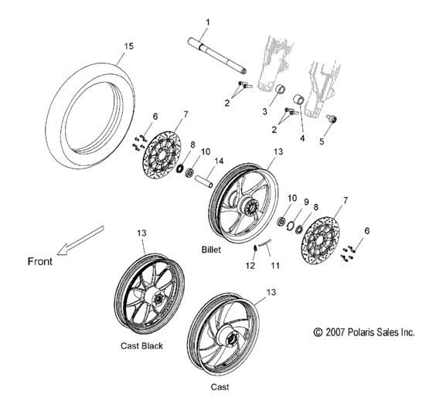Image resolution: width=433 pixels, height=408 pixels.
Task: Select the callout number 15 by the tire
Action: [128, 46]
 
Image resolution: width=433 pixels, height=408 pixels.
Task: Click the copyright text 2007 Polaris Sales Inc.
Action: [364, 332]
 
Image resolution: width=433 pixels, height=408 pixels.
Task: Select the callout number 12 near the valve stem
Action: [250, 265]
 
